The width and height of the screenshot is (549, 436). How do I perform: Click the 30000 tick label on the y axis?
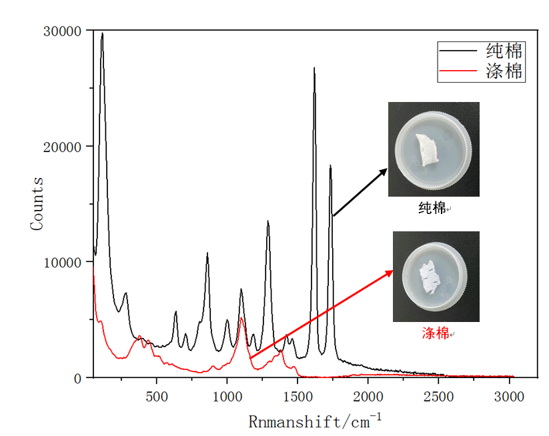pyautogui.click(x=63, y=31)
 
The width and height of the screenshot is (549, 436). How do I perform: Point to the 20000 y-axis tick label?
pyautogui.click(x=63, y=147)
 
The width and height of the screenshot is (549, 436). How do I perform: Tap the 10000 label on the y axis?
pyautogui.click(x=63, y=263)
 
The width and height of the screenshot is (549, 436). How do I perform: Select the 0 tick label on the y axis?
pyautogui.click(x=79, y=378)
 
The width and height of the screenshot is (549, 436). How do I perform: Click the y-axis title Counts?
pyautogui.click(x=37, y=203)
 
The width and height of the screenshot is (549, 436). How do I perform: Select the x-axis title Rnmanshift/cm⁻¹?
pyautogui.click(x=316, y=421)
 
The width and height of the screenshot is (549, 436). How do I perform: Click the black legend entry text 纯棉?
pyautogui.click(x=504, y=51)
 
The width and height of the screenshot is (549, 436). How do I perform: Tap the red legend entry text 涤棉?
pyautogui.click(x=504, y=71)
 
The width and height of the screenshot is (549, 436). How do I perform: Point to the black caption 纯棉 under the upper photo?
pyautogui.click(x=432, y=208)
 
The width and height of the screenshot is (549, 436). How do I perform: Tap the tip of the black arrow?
pyautogui.click(x=388, y=169)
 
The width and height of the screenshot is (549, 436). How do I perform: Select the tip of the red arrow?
pyautogui.click(x=394, y=270)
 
